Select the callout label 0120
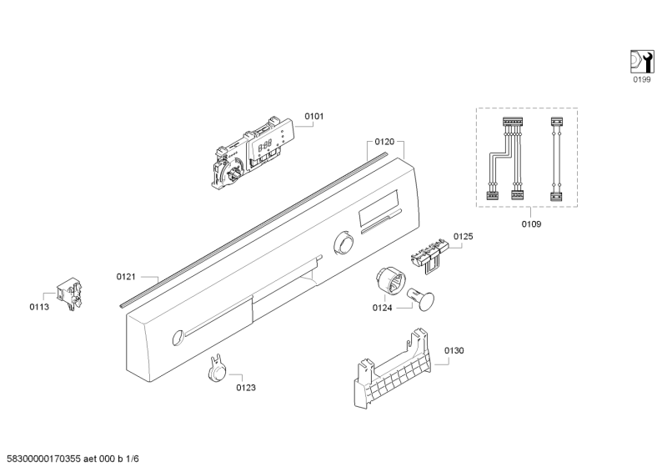click(x=384, y=143)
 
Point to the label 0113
click(x=40, y=307)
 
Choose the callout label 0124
click(x=383, y=307)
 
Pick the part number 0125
click(x=463, y=237)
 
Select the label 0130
click(x=454, y=350)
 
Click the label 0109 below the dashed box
click(x=531, y=223)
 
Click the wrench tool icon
click(x=640, y=61)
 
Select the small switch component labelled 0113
click(x=69, y=292)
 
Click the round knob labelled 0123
click(x=214, y=369)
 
